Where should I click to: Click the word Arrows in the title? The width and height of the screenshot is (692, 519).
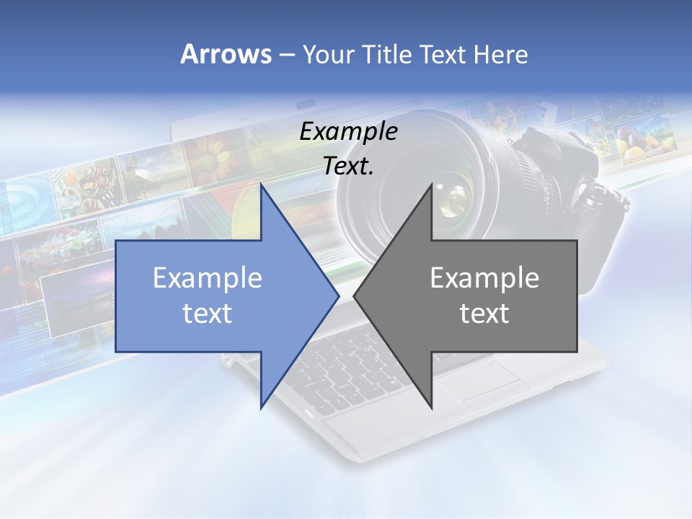click(225, 54)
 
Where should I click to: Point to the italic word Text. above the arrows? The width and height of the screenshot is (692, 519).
click(349, 167)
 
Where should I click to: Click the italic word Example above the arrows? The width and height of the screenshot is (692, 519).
click(349, 132)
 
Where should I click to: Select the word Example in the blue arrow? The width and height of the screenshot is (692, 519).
click(208, 278)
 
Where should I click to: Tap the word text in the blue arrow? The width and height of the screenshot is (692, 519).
click(208, 314)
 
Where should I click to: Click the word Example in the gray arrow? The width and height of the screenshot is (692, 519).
click(484, 278)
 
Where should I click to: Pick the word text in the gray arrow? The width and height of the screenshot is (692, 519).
click(484, 314)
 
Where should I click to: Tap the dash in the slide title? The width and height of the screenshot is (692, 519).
click(285, 54)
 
